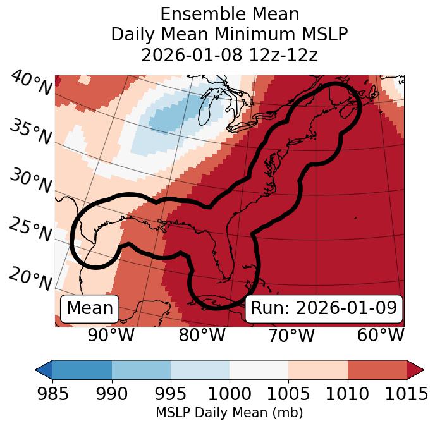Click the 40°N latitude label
(30, 83)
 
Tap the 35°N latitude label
(30, 131)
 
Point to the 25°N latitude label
(30, 229)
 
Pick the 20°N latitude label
(30, 278)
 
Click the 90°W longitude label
(111, 335)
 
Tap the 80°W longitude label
(202, 335)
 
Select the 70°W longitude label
(290, 335)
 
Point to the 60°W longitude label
(380, 335)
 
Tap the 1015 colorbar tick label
(406, 394)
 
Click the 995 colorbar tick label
(171, 394)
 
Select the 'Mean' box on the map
(90, 308)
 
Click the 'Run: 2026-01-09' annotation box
(324, 308)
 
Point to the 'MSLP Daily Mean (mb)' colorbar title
(229, 413)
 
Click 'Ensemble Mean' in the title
(229, 14)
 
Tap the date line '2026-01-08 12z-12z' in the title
(229, 55)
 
